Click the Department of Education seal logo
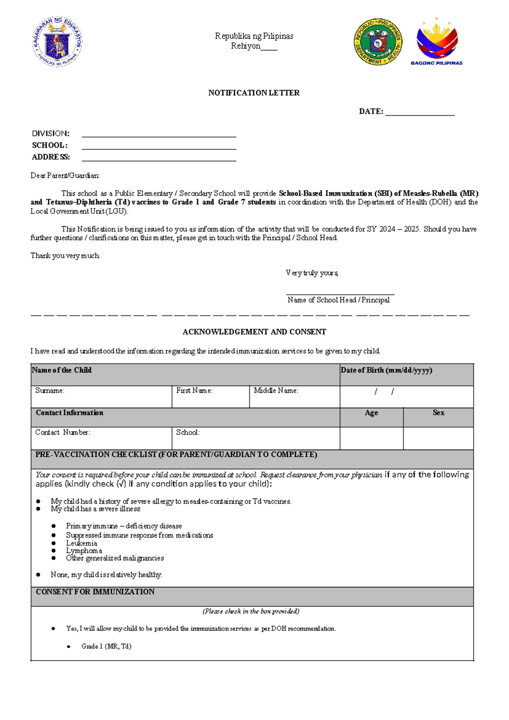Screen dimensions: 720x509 click(57, 42)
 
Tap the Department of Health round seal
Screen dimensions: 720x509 click(378, 42)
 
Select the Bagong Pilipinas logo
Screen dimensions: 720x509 click(437, 42)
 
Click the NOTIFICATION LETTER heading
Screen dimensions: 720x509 click(254, 93)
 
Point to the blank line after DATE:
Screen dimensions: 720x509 click(420, 112)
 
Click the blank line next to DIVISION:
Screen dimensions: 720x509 click(159, 135)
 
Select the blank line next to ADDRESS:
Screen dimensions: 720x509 click(159, 158)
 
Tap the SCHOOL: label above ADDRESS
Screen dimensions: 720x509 click(50, 145)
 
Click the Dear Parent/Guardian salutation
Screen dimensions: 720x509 click(65, 175)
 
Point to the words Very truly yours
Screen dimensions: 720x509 click(312, 273)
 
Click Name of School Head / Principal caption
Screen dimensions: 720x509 click(338, 300)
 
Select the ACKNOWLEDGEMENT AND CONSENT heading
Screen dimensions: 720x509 click(254, 332)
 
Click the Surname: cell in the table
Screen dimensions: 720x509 click(101, 396)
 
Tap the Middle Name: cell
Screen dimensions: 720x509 click(294, 396)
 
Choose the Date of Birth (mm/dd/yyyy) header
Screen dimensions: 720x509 click(386, 370)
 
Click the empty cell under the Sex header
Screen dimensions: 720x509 click(438, 438)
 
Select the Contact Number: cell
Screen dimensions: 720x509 click(101, 438)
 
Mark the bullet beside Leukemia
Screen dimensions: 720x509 click(54, 543)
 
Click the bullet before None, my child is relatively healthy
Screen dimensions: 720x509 click(39, 574)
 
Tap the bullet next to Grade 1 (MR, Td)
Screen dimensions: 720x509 click(69, 647)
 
